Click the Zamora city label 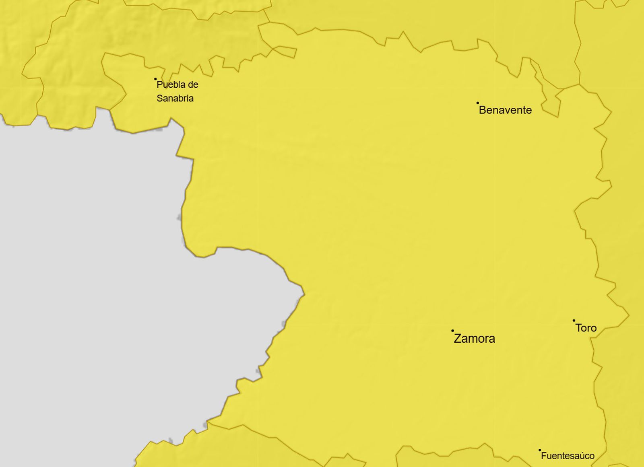(x=474, y=339)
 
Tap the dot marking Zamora (x=452, y=331)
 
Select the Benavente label (x=505, y=110)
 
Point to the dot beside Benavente (x=478, y=103)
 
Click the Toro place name (x=586, y=328)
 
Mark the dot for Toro (x=574, y=321)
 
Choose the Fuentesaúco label (x=568, y=456)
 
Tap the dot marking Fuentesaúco (x=540, y=450)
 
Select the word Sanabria (x=175, y=99)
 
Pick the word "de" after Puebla (x=193, y=85)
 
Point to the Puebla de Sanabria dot (x=155, y=79)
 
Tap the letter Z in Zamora (x=458, y=339)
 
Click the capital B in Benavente (x=483, y=110)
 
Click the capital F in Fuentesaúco (x=544, y=456)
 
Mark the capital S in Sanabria (x=159, y=99)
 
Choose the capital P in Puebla (x=159, y=85)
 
